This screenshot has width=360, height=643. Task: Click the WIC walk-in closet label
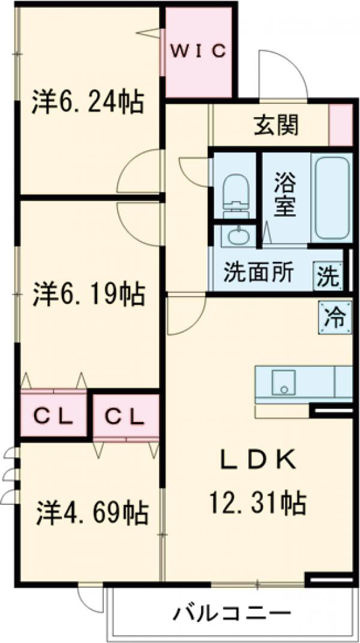pyautogui.click(x=199, y=52)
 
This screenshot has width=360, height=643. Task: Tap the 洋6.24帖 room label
pyautogui.click(x=88, y=101)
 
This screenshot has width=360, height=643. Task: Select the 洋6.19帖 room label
pyautogui.click(x=88, y=294)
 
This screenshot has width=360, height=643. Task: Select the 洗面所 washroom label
pyautogui.click(x=259, y=273)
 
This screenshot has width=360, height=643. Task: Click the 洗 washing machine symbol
pyautogui.click(x=328, y=277)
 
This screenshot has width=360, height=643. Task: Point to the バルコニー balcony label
pyautogui.click(x=232, y=614)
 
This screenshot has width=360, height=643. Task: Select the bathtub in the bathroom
pyautogui.click(x=331, y=196)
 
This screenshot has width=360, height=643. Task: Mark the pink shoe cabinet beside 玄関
pyautogui.click(x=341, y=125)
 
